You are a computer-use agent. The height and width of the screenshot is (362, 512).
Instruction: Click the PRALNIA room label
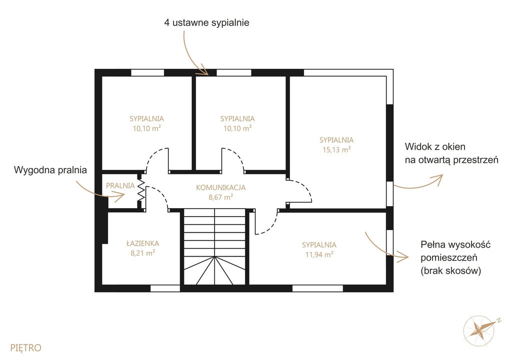[x=120, y=186]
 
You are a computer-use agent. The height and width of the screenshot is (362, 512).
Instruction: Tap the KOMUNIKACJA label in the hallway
[x=220, y=188]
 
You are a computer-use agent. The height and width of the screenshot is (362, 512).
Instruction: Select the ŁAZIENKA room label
[x=142, y=243]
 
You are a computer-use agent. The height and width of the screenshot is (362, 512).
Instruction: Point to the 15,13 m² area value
[x=336, y=150]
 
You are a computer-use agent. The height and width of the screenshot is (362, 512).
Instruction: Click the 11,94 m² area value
[x=319, y=254]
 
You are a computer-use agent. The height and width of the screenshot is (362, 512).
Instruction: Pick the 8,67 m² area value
[x=220, y=197]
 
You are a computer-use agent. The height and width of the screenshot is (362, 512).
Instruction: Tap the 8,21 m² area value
[x=142, y=253]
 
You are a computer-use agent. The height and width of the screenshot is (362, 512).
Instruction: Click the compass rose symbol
[x=479, y=331]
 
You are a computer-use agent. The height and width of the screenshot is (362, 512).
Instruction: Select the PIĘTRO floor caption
[x=26, y=348]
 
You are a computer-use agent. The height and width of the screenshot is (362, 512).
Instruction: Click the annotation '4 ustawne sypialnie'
[x=206, y=22]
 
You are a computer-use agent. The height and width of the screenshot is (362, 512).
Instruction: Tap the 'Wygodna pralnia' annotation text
[x=50, y=170]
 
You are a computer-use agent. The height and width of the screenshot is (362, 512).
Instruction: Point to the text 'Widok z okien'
[x=435, y=147]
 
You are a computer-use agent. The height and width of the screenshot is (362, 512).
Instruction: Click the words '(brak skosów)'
[x=451, y=271]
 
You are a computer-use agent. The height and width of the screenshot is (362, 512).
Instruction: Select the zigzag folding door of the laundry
[x=141, y=190]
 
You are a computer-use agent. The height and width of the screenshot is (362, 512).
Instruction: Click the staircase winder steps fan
[x=214, y=270]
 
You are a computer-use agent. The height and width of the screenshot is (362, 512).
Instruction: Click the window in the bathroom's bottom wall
[x=165, y=288]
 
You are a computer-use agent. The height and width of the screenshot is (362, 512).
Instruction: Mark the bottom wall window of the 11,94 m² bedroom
[x=317, y=288]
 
